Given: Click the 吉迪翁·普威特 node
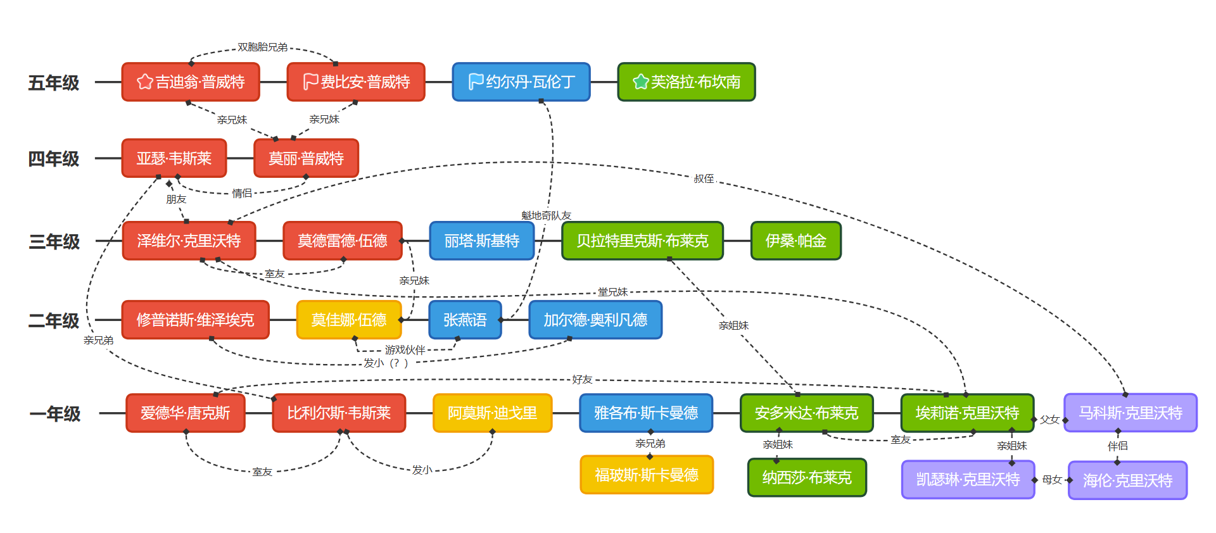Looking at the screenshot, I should [191, 82].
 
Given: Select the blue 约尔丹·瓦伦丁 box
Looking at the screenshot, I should [521, 82].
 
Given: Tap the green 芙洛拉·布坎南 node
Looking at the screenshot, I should [687, 82].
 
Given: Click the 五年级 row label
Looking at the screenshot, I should [54, 83].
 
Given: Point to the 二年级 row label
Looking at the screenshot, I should [54, 321].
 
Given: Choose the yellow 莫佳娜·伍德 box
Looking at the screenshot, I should [349, 320].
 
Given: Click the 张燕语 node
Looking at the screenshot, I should [465, 320].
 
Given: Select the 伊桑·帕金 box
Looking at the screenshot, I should [795, 241].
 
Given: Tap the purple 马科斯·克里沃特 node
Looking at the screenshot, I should [1130, 413].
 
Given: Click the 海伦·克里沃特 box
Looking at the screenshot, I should [1127, 480].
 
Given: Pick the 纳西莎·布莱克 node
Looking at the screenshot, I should [807, 478].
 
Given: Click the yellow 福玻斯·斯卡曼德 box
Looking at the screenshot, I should [647, 475].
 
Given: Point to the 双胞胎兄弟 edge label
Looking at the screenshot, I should [262, 47].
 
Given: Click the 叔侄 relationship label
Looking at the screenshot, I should [704, 179].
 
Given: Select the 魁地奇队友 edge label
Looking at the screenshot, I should [546, 216].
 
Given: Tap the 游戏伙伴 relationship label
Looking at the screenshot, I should [405, 350].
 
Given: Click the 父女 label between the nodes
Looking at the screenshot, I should [1049, 420].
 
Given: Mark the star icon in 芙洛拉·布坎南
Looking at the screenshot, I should [641, 82].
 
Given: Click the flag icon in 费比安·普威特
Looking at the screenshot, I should [310, 82].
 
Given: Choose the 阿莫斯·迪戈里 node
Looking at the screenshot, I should [492, 413].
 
